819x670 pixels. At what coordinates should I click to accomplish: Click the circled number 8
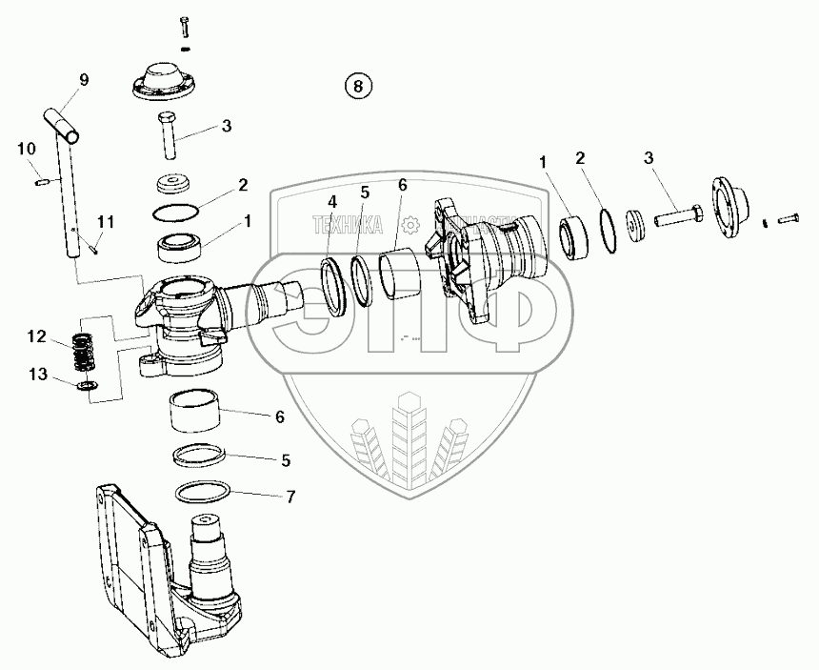pyautogui.click(x=357, y=86)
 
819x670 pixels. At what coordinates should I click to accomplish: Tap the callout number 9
pyautogui.click(x=84, y=80)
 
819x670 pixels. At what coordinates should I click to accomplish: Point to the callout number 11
pyautogui.click(x=106, y=222)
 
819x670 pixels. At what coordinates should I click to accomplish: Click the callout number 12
pyautogui.click(x=35, y=335)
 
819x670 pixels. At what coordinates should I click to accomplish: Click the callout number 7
pyautogui.click(x=290, y=497)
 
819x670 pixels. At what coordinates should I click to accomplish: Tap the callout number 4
pyautogui.click(x=331, y=201)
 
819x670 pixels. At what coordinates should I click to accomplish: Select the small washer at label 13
pyautogui.click(x=89, y=385)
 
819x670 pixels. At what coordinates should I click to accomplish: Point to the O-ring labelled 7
pyautogui.click(x=203, y=492)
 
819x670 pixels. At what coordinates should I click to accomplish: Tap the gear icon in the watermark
pyautogui.click(x=410, y=225)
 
